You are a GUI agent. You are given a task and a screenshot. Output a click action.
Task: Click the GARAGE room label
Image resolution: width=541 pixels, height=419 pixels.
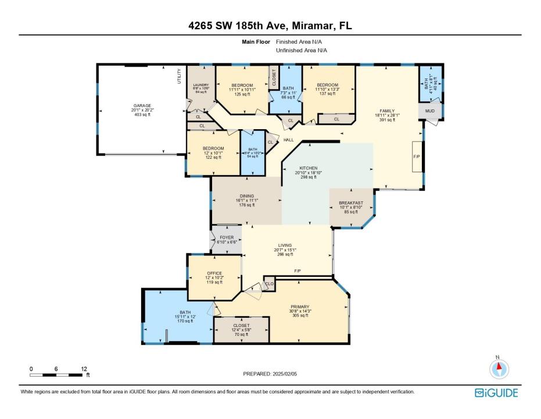tap(141, 106)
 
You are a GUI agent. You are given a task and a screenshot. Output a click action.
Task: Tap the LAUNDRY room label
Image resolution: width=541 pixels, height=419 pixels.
tap(200, 85)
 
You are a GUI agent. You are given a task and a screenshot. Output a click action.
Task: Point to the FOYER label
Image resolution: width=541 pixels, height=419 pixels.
tap(226, 237)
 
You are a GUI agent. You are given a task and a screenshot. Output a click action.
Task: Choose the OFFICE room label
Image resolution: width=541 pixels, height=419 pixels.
tap(214, 274)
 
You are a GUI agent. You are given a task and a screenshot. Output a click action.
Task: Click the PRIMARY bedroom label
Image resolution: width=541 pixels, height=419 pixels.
tap(300, 307)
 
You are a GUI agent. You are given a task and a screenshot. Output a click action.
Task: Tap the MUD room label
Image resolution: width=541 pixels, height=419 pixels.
tap(429, 111)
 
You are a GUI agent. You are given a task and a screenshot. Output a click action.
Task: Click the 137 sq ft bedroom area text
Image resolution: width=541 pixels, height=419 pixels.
tap(327, 94)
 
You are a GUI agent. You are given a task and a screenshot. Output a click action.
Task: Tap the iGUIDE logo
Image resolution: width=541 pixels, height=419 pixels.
tap(496, 393)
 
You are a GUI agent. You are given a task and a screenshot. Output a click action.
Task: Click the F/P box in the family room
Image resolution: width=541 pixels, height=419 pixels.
tap(417, 157)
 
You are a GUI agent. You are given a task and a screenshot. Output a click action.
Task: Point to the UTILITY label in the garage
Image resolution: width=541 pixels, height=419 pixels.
tap(180, 77)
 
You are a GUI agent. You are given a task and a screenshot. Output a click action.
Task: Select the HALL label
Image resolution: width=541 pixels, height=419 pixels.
tap(289, 140)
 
